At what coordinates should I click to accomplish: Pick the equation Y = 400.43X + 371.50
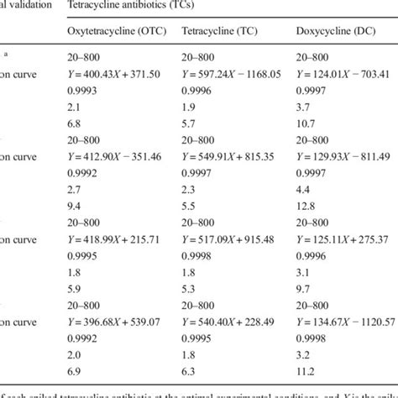[115, 75]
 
